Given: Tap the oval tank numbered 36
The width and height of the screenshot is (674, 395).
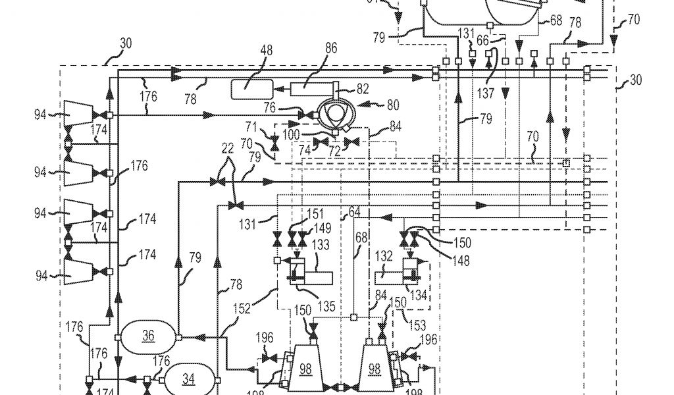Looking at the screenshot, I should (148, 336).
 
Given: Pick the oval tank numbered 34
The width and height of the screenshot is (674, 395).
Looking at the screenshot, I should (189, 379).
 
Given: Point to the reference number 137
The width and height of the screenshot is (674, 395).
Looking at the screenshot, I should (486, 94).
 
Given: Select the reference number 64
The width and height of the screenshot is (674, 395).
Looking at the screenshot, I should (355, 212).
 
